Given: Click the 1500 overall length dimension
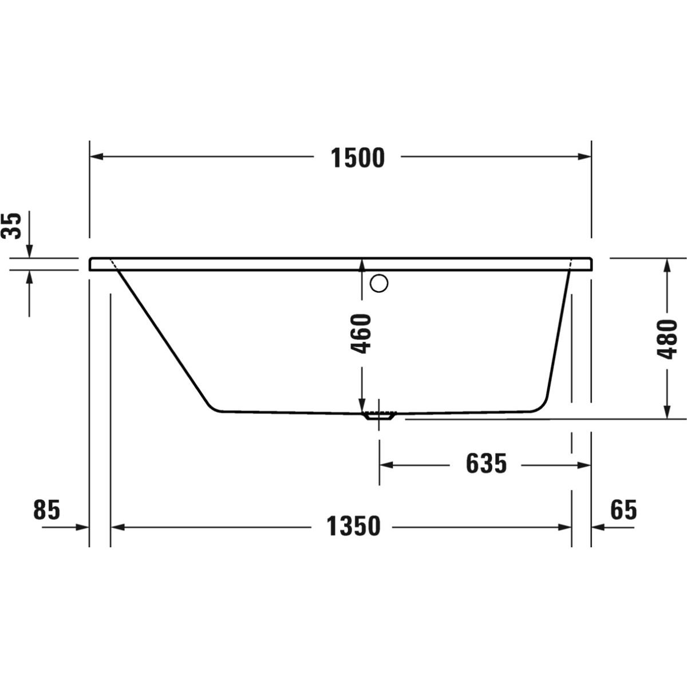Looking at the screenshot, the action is (358, 158).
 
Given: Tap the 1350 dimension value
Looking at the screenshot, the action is (353, 526).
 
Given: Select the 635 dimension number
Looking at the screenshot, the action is (486, 464).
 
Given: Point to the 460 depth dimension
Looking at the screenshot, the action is (361, 334).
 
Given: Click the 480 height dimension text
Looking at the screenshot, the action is (667, 339).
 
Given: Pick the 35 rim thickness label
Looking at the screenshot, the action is (11, 226).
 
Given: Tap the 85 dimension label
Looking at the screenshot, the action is (47, 510).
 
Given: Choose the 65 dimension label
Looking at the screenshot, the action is (623, 510).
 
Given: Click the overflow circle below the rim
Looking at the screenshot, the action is (379, 283).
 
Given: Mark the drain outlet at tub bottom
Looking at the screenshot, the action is (379, 416).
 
